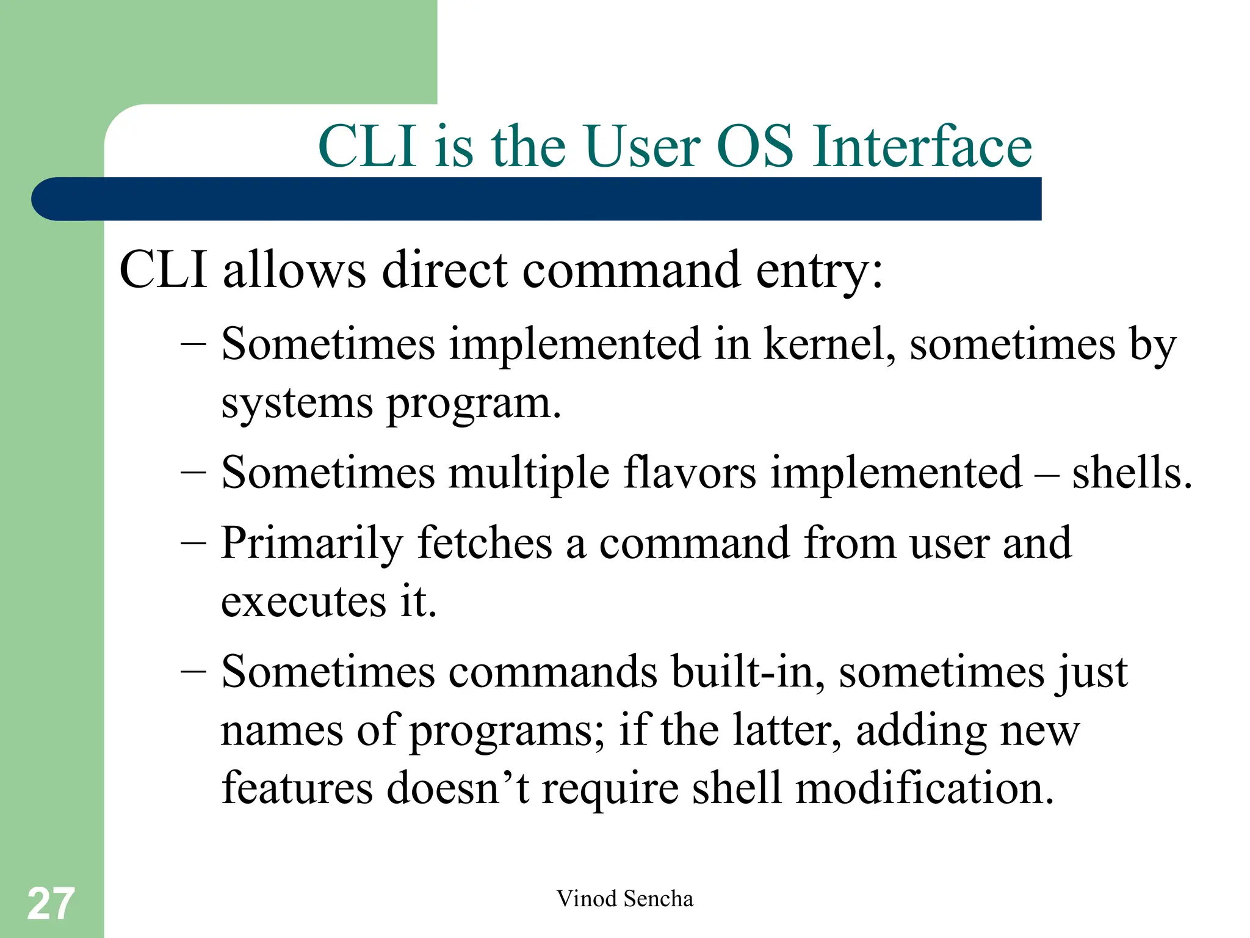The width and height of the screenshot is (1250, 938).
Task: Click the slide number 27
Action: click(51, 904)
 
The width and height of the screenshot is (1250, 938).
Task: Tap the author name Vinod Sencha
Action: click(624, 899)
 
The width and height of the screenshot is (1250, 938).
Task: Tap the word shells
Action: click(1131, 473)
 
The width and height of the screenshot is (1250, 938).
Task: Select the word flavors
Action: click(689, 473)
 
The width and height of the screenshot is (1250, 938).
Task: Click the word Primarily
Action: click(312, 544)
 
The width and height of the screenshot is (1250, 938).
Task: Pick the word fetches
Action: click(484, 544)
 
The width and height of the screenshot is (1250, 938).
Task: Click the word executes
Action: click(303, 602)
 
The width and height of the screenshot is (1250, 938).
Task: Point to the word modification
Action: click(924, 788)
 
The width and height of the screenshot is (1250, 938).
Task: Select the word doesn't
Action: click(458, 788)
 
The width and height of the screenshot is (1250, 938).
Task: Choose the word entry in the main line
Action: click(818, 271)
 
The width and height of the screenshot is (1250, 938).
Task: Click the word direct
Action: click(444, 271)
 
